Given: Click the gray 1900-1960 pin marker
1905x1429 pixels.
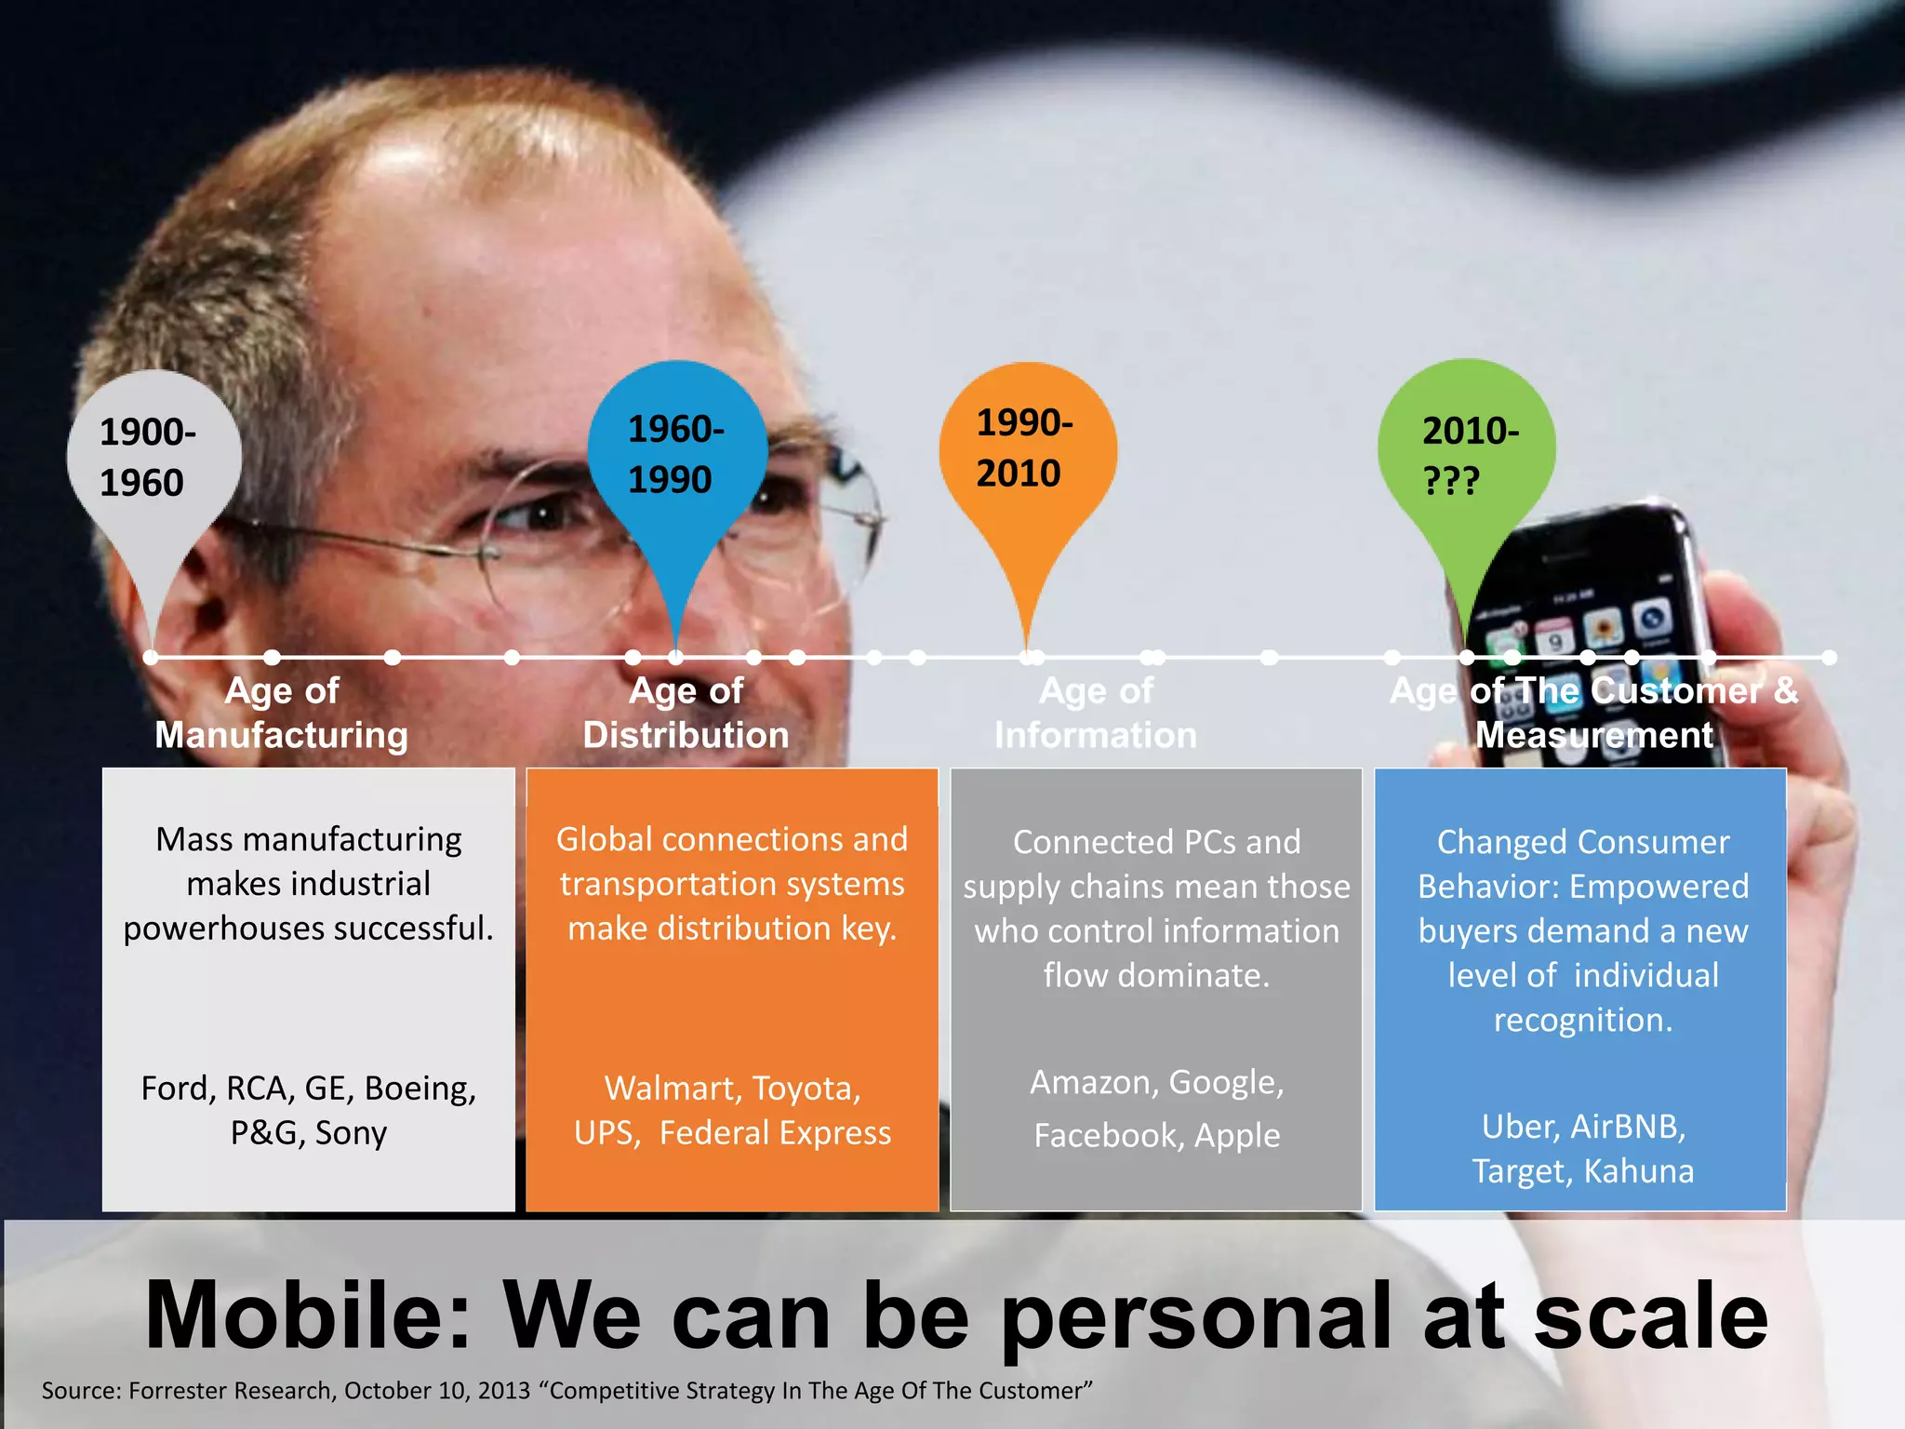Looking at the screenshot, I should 153,461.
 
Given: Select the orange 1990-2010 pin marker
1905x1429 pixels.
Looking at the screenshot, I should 1027,451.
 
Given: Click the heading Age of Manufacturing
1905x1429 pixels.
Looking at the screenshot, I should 281,713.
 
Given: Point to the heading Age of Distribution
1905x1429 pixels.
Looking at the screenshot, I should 686,713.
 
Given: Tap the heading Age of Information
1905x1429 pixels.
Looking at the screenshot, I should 1096,713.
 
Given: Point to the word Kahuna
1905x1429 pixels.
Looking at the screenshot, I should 1638,1171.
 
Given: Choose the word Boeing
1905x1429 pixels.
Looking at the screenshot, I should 420,1088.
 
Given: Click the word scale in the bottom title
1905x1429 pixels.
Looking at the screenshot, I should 1650,1315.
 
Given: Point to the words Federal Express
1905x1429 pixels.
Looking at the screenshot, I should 775,1133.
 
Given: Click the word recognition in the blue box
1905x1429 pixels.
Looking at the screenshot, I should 1583,1021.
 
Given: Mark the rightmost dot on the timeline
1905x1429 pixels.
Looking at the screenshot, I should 1829,658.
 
